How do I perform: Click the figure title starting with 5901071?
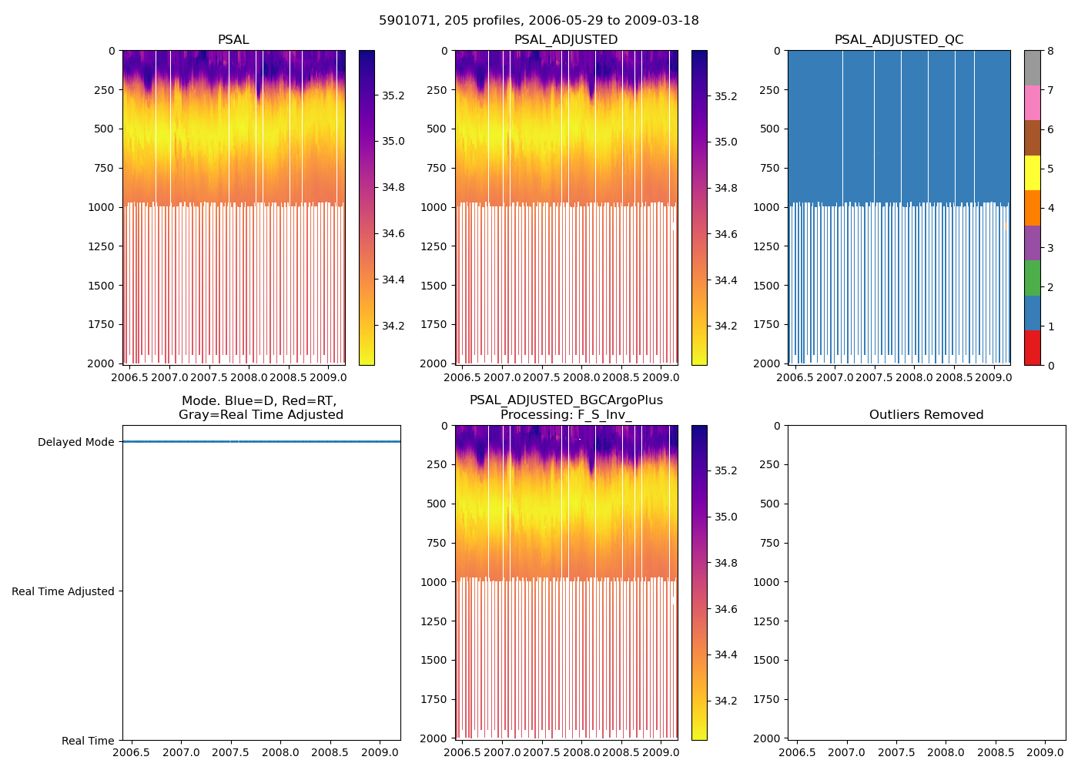point(538,21)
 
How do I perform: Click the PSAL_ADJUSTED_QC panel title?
point(899,40)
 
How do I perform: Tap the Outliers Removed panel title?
point(926,415)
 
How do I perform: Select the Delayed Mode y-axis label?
point(75,442)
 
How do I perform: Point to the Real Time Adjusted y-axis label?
point(63,591)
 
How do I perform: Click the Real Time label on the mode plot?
point(88,741)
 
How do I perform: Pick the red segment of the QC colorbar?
point(1033,348)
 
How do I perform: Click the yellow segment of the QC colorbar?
point(1033,172)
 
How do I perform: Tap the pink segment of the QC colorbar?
point(1033,102)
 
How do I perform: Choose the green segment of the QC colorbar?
point(1033,278)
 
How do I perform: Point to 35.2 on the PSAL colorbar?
point(393,95)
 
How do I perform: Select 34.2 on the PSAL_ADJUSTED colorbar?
point(726,326)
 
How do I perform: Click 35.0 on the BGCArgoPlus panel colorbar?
point(726,517)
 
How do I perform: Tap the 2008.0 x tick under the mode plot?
point(281,752)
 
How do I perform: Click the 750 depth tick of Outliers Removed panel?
point(771,543)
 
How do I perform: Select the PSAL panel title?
point(233,40)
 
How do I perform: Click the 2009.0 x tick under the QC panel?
point(994,377)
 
